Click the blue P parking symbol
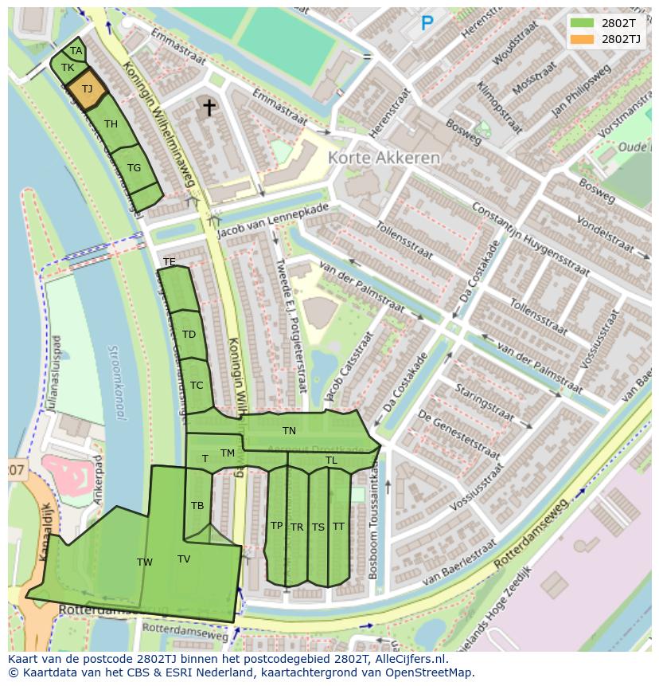coord(427,24)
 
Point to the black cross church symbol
coord(209,107)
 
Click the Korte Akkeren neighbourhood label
coord(384,158)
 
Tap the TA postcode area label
coord(76,51)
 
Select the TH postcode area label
coord(111,124)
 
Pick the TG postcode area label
coord(134,168)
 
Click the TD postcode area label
coord(189,335)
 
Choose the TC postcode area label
coord(197,386)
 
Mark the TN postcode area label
coord(289,431)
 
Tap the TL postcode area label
coord(331,461)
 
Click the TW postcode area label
coord(144,563)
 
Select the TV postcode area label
coord(184,559)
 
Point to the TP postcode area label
coord(276,526)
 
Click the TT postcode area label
coord(338,527)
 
